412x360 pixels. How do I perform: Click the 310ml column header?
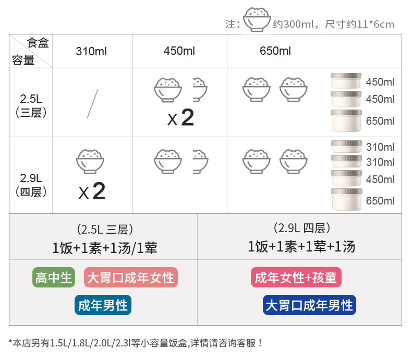click(x=92, y=51)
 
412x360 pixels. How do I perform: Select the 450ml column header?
click(x=179, y=51)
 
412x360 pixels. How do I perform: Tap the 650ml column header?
click(x=275, y=51)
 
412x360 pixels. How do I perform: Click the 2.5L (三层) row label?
click(x=30, y=104)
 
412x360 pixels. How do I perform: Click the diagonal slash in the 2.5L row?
click(x=92, y=103)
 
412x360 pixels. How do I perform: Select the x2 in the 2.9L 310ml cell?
click(x=92, y=191)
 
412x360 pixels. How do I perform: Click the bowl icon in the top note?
click(x=257, y=20)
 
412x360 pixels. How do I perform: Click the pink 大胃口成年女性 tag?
click(x=130, y=277)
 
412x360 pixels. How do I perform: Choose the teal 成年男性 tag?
click(x=103, y=305)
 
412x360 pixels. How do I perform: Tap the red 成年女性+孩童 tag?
click(x=296, y=277)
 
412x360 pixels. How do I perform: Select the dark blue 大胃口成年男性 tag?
click(x=309, y=305)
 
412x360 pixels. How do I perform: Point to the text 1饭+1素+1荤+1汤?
click(x=301, y=246)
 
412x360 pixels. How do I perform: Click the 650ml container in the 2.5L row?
click(x=346, y=120)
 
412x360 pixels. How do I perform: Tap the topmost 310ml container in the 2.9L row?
click(x=346, y=147)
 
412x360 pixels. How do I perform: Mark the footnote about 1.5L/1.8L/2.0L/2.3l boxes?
click(x=136, y=343)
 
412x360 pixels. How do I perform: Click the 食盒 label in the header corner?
click(x=38, y=43)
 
